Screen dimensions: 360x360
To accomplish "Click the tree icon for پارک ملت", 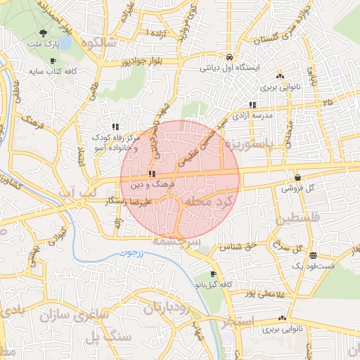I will click(x=44, y=33).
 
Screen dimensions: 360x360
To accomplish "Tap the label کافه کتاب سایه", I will click(x=53, y=72).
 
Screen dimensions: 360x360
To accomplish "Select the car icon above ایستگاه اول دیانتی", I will click(x=229, y=57).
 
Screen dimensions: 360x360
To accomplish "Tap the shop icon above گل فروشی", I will click(x=298, y=178).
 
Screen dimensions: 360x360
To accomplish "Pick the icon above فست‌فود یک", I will click(x=313, y=255).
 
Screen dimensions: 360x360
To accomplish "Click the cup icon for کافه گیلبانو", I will click(x=213, y=274).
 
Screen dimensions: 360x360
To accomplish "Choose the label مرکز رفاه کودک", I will click(x=116, y=139).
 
